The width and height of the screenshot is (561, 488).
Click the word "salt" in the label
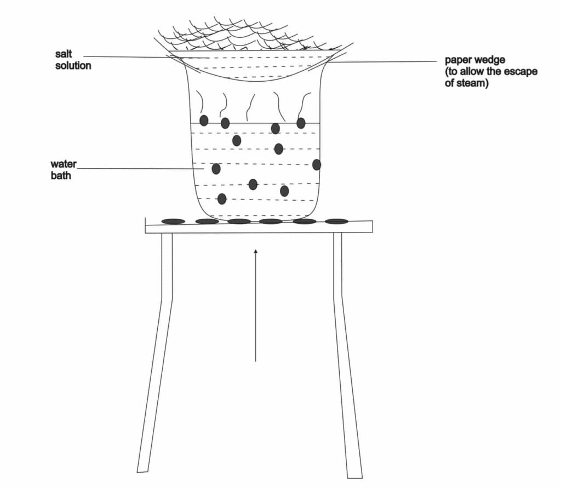click(x=64, y=54)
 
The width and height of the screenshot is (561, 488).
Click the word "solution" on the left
click(x=73, y=65)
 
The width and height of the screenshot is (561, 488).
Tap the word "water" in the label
click(x=64, y=164)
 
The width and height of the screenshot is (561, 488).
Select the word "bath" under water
click(x=61, y=175)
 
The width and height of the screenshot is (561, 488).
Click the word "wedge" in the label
click(x=490, y=60)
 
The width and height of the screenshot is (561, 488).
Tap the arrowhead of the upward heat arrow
click(x=255, y=252)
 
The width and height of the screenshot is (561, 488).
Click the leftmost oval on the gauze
click(x=173, y=222)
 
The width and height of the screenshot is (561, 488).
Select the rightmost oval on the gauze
click(x=336, y=222)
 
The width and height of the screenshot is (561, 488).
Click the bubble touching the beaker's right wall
click(x=317, y=164)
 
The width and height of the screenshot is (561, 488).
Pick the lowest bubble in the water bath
click(x=222, y=198)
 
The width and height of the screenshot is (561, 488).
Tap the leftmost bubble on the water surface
click(x=204, y=121)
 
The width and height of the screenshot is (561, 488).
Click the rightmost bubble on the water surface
click(x=301, y=123)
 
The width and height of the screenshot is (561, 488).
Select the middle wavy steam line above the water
click(x=249, y=107)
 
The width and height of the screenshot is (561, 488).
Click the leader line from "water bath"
click(x=140, y=169)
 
